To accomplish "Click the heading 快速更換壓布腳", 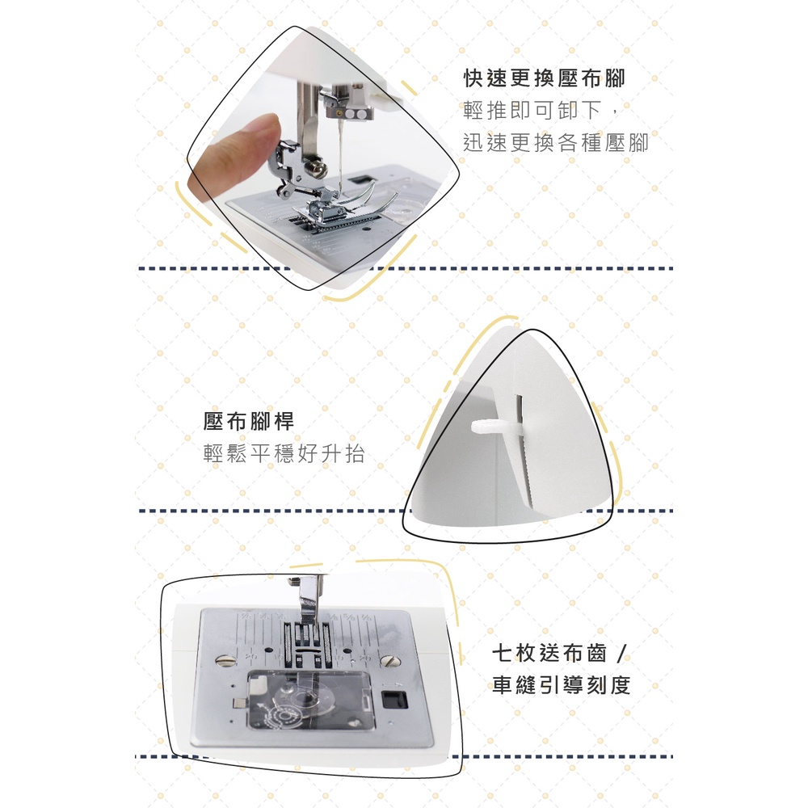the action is pos(544,78).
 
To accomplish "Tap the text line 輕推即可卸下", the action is pos(532,110).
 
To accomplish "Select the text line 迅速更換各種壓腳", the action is pos(556,142).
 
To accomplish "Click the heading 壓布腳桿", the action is pos(248,421).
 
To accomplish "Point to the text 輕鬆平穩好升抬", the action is pos(284,453).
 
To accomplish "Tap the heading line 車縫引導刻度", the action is pos(562,685).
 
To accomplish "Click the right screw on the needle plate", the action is pos(387,660).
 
